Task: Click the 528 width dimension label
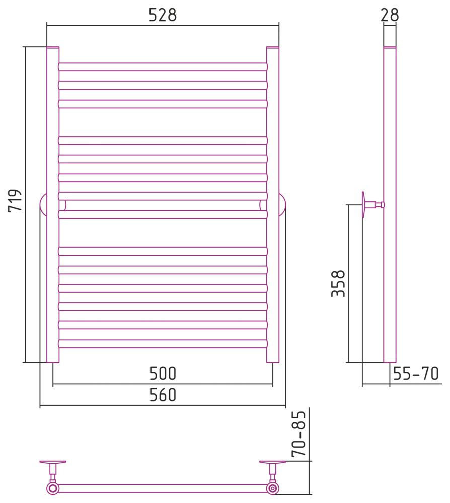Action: point(163,15)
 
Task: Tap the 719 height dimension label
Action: point(15,200)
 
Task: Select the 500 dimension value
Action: point(163,373)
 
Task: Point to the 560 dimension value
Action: point(163,395)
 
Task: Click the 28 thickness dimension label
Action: point(390,15)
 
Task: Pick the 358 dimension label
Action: point(338,284)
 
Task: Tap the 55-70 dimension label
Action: point(416,373)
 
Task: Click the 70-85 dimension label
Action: point(298,434)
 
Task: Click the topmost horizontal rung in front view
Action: point(163,67)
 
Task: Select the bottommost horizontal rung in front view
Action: point(163,344)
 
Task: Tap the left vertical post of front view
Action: point(53,205)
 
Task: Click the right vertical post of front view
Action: point(273,205)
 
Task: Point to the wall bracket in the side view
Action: point(372,205)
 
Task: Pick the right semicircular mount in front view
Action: point(282,205)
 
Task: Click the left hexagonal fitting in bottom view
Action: point(53,488)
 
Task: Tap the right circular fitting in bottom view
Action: point(273,488)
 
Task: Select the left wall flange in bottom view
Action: point(53,462)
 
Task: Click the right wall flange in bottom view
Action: point(273,462)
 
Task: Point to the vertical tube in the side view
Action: point(390,205)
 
